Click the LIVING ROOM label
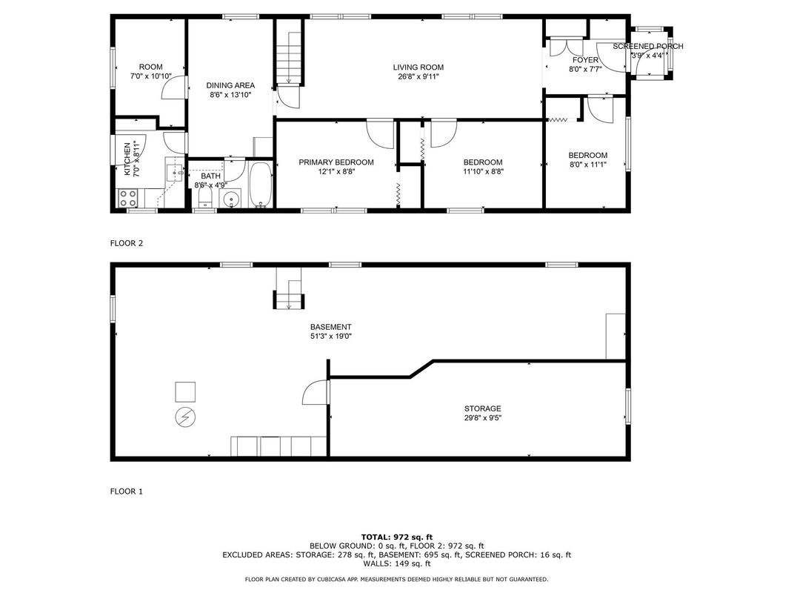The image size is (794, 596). point(418,67)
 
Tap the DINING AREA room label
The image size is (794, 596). point(230,86)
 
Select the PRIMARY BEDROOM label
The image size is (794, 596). point(336,162)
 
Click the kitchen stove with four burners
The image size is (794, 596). point(127,198)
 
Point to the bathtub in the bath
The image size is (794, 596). point(261,185)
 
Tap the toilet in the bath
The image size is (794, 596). point(204,198)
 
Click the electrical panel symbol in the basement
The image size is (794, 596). point(185,417)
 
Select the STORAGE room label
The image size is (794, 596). point(483,408)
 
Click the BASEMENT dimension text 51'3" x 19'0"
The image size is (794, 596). point(330,336)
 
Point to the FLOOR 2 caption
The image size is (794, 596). point(127,243)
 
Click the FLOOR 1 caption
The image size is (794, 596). point(127,491)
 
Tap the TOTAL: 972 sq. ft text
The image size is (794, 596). point(397,537)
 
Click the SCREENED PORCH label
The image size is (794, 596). point(647,47)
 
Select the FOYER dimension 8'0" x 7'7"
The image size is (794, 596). point(585,69)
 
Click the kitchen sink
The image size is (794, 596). point(176,173)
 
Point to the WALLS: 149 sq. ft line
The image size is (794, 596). point(397,563)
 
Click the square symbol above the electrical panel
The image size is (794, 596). point(185,391)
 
